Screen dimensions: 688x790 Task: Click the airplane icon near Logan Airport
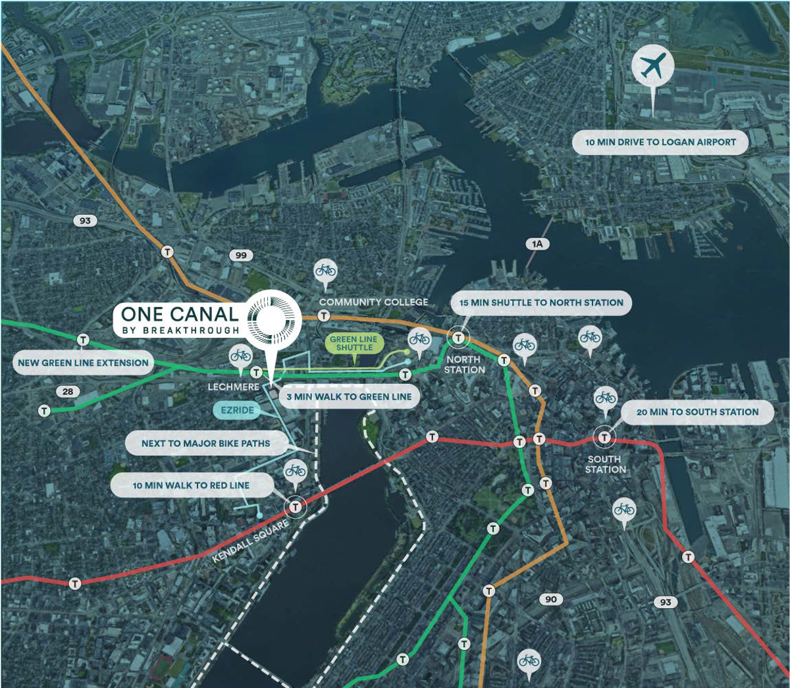[x=652, y=66]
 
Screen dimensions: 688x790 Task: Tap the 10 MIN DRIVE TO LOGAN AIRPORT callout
[x=660, y=142]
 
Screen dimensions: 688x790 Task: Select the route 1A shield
[x=538, y=244]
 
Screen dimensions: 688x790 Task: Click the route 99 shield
[x=241, y=255]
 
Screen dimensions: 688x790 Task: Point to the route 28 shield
[x=68, y=392]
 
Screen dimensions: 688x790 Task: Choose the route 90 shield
[x=551, y=599]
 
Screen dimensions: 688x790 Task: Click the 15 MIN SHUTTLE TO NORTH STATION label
[x=541, y=303]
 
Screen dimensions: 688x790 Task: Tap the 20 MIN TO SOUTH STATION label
[x=697, y=412]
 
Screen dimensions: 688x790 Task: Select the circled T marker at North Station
[x=458, y=338]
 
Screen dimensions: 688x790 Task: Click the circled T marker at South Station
[x=604, y=437]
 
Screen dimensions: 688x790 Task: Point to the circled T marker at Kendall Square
[x=296, y=506]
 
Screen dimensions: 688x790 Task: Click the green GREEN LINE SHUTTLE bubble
[x=354, y=344]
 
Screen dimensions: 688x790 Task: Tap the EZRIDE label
[x=237, y=410]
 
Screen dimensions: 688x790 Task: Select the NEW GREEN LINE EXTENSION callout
[x=84, y=363]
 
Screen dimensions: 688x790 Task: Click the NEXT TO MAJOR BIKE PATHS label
[x=205, y=444]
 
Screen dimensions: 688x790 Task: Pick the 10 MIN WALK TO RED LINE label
[x=191, y=486]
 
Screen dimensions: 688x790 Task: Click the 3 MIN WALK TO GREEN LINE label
[x=349, y=397]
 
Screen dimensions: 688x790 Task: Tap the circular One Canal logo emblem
[x=273, y=318]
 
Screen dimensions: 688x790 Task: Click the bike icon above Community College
[x=325, y=270]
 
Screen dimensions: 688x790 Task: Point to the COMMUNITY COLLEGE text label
[x=373, y=302]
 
